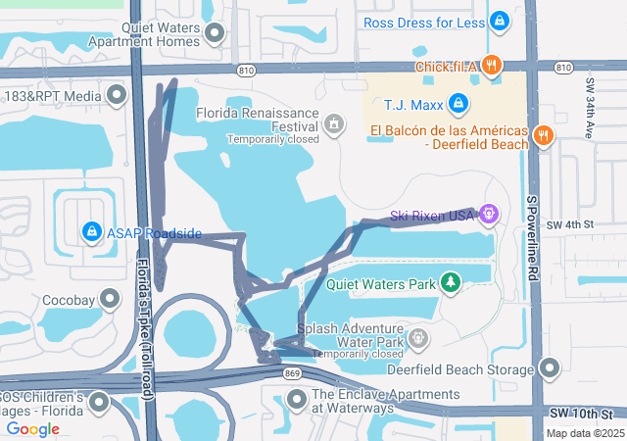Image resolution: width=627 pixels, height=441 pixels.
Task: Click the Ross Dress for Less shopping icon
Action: [500, 21]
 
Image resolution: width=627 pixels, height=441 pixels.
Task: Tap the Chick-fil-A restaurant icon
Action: [492, 67]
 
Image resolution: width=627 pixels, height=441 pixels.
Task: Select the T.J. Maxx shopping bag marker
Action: [458, 103]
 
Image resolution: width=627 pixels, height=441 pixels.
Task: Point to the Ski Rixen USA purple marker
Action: [489, 212]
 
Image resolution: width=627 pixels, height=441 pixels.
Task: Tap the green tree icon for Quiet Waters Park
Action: [450, 282]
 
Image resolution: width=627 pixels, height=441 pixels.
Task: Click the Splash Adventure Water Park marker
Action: [418, 339]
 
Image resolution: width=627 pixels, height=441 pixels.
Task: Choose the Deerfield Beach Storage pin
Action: [550, 368]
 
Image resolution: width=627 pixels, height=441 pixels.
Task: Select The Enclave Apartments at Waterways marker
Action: [298, 400]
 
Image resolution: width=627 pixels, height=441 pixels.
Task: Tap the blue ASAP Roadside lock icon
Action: [91, 232]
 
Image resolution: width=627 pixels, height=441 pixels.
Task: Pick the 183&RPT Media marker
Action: [117, 96]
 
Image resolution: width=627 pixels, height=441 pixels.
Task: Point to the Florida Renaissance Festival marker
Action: [334, 124]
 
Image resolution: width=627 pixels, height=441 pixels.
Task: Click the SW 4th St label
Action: [570, 225]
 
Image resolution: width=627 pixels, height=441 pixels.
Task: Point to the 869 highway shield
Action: [292, 373]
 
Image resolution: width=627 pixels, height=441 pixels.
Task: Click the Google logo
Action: [32, 429]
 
